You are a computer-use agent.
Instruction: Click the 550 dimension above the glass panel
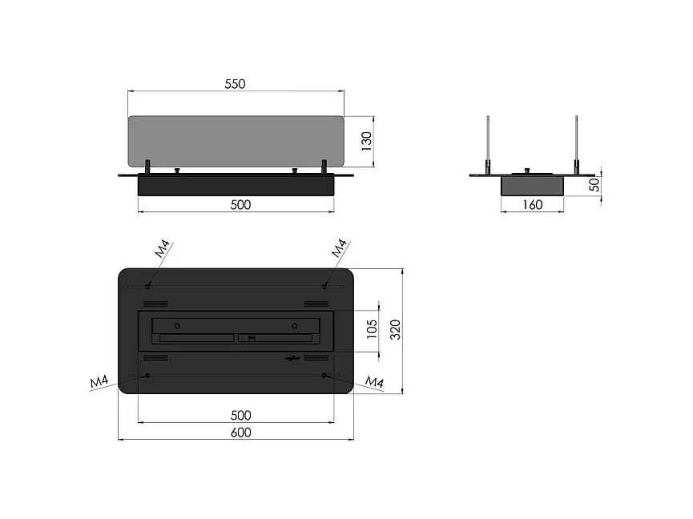[234, 83]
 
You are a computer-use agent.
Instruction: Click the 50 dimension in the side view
[594, 184]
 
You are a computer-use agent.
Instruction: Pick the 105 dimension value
[371, 329]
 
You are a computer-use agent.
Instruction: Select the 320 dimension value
[394, 329]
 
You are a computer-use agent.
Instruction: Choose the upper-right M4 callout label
[339, 248]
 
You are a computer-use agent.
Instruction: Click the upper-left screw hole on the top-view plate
[149, 286]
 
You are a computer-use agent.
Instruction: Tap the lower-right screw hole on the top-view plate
[324, 375]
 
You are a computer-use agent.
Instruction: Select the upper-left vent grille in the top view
[156, 304]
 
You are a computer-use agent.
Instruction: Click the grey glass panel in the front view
[236, 141]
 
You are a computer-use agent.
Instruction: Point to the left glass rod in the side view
[487, 144]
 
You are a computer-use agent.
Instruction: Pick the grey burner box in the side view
[532, 185]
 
